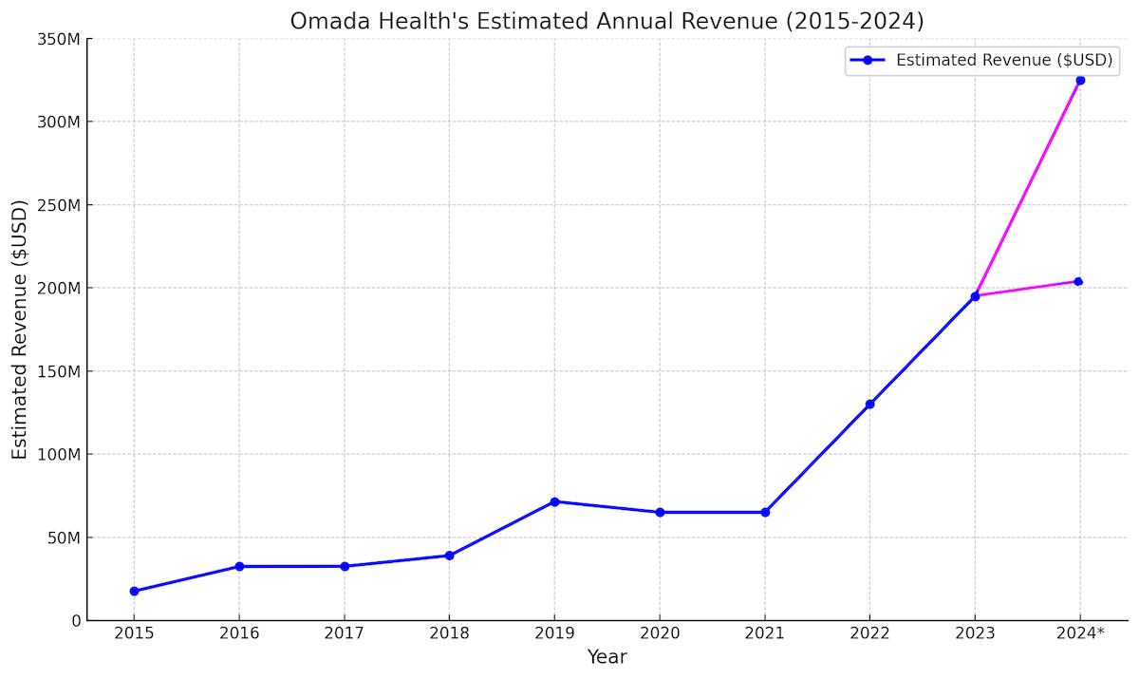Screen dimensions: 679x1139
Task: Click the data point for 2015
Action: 134,591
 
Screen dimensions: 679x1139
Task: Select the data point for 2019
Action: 554,501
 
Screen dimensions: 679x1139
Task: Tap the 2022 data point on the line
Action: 869,404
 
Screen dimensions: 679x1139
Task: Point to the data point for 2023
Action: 975,296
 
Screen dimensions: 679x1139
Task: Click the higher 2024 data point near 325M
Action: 1080,80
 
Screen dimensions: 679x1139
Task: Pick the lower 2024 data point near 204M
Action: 1078,281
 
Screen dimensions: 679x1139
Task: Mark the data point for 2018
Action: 449,556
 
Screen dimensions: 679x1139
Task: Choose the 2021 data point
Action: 765,512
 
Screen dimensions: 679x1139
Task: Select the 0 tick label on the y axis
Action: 75,620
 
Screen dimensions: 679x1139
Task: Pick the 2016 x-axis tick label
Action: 239,633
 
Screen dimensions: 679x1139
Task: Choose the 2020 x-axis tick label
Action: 660,633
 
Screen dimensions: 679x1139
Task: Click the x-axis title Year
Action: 607,657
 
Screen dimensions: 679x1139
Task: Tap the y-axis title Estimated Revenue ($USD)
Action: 20,330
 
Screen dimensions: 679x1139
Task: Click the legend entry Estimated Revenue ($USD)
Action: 1003,61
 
